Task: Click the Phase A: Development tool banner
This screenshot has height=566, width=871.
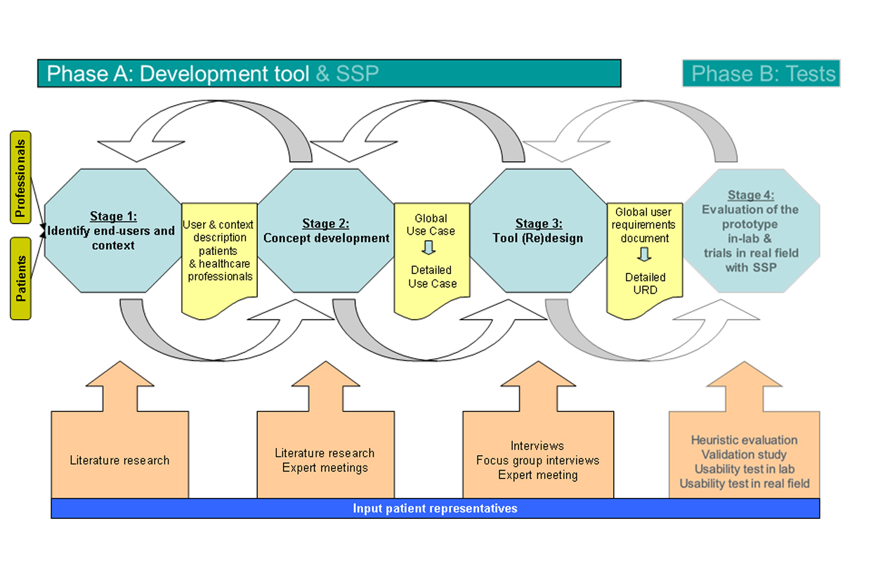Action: tap(329, 74)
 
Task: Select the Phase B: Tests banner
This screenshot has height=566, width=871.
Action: tap(761, 74)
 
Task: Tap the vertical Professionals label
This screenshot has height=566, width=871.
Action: tap(20, 177)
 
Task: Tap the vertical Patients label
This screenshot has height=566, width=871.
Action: tap(20, 278)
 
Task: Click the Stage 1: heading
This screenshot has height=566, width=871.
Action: tap(113, 216)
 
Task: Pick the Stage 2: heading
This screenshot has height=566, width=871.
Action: tap(326, 224)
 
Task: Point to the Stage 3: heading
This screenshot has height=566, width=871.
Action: tap(539, 224)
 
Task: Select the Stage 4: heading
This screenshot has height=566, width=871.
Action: tap(751, 195)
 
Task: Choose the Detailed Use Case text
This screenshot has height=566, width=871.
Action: tap(432, 277)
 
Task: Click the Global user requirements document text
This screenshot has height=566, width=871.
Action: tap(643, 225)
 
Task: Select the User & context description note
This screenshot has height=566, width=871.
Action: tap(218, 251)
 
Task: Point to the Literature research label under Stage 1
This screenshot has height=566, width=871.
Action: tap(119, 461)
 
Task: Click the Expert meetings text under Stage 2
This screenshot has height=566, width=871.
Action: tap(325, 468)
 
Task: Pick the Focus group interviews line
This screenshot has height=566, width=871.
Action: tap(537, 461)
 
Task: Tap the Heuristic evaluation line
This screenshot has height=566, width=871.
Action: tap(744, 440)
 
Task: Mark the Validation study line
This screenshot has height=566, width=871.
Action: tap(744, 455)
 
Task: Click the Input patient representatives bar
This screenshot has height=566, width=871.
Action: tap(435, 508)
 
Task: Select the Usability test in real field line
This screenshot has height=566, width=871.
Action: tap(744, 484)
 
